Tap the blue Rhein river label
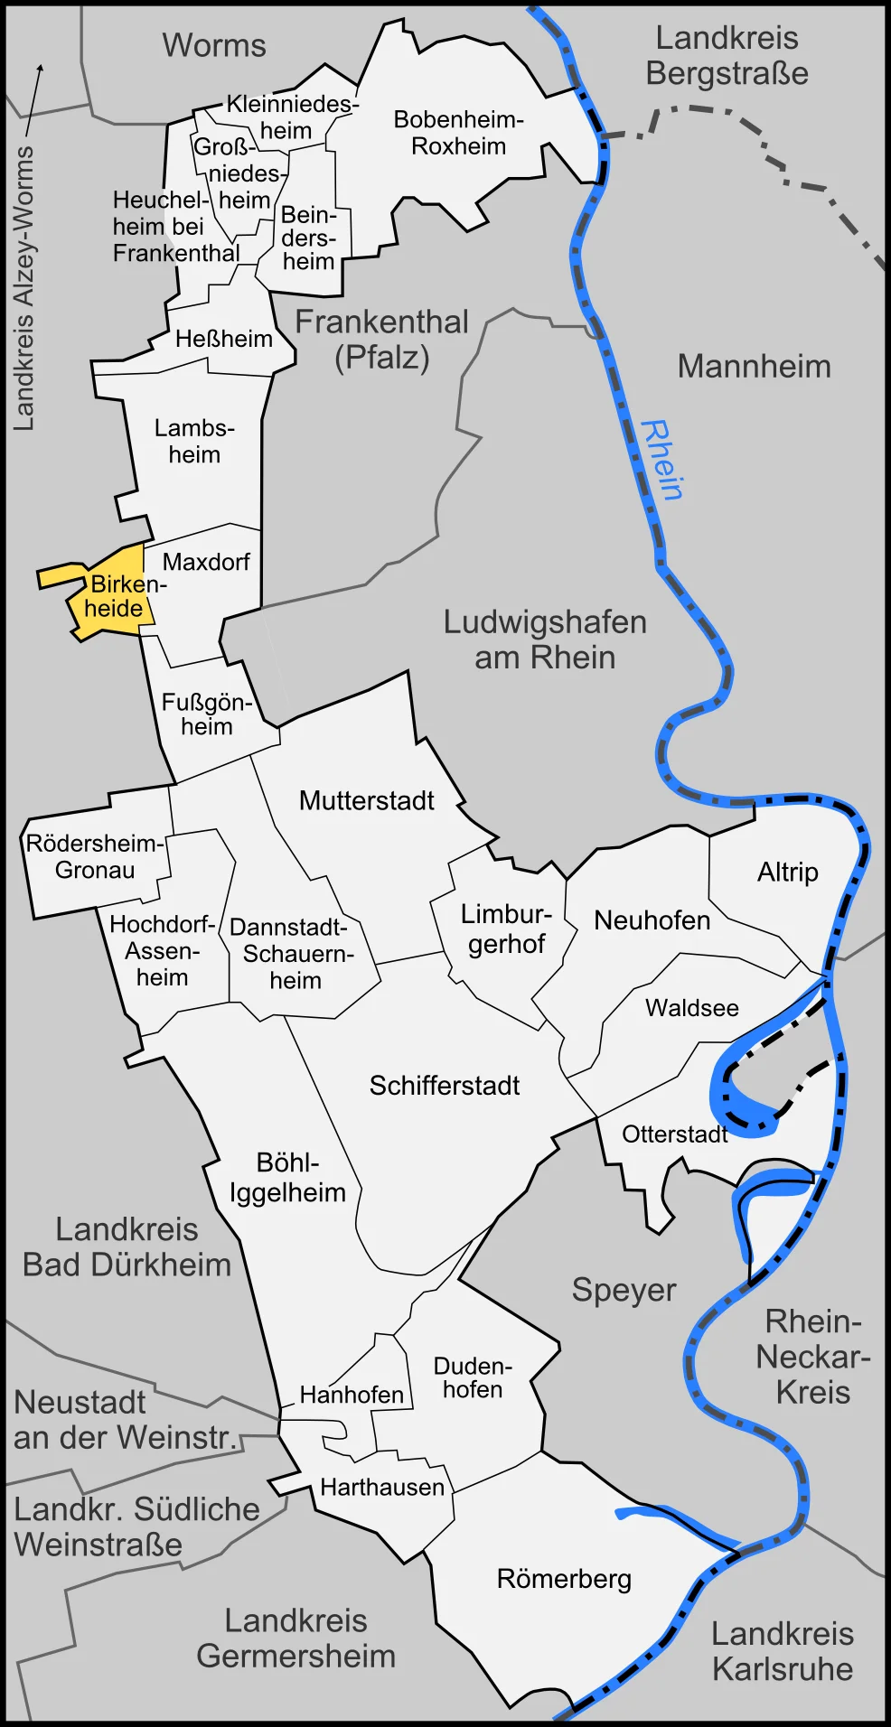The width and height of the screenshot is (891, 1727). pyautogui.click(x=661, y=460)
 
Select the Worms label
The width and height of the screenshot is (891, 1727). pyautogui.click(x=214, y=45)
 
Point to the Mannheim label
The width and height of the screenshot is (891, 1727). pyautogui.click(x=754, y=366)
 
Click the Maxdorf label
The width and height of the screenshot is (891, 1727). pyautogui.click(x=206, y=562)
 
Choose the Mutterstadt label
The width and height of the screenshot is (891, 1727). pyautogui.click(x=366, y=800)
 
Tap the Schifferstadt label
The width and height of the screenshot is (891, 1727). pyautogui.click(x=444, y=1085)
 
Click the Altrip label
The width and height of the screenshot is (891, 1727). pyautogui.click(x=787, y=872)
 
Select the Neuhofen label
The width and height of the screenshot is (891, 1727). pyautogui.click(x=652, y=920)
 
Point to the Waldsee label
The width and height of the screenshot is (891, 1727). pyautogui.click(x=691, y=1007)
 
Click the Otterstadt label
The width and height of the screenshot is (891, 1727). pyautogui.click(x=674, y=1134)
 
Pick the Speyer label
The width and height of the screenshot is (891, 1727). pyautogui.click(x=624, y=1290)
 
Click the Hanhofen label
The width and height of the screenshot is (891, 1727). pyautogui.click(x=352, y=1395)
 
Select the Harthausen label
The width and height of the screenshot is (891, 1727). pyautogui.click(x=382, y=1487)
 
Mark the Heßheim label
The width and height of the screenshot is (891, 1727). pyautogui.click(x=223, y=339)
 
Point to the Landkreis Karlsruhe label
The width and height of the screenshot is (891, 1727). pyautogui.click(x=782, y=1650)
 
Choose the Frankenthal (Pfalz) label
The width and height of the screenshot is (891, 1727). pyautogui.click(x=381, y=340)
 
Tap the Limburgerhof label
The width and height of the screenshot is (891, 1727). pyautogui.click(x=505, y=929)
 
